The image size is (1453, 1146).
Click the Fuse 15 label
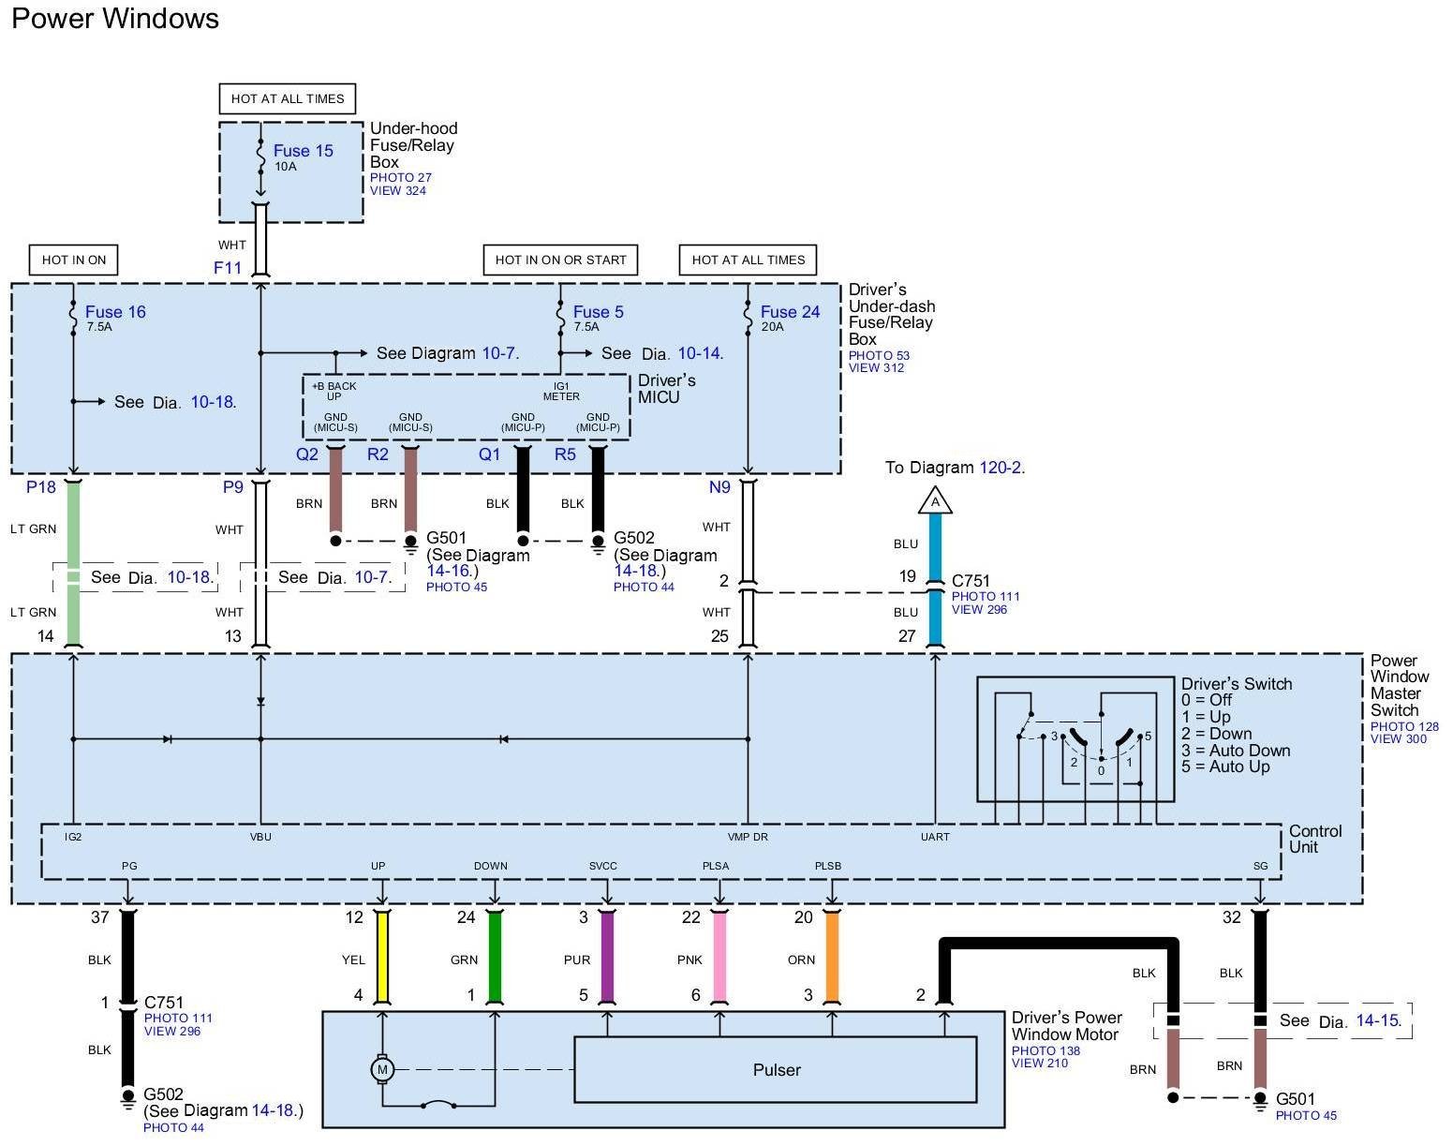coord(304,151)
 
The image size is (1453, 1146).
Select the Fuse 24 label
coord(790,312)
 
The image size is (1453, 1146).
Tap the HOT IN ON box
coord(74,260)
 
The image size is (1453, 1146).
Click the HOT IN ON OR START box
coord(560,260)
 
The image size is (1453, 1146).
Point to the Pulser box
coord(775,1070)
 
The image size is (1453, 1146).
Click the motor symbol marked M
coord(382,1070)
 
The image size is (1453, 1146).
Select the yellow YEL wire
coord(382,956)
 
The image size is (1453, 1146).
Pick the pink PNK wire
coord(719,956)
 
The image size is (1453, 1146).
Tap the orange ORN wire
coord(833,956)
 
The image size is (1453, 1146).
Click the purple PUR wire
coord(607,956)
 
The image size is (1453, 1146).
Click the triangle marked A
coord(935,500)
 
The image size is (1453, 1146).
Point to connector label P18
coord(40,487)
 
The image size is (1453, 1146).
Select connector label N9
coord(719,487)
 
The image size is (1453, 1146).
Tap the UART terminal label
coord(935,837)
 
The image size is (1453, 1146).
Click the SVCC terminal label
coord(603,866)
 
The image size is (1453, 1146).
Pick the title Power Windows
coord(115,18)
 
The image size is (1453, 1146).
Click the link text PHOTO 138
coord(1045,1050)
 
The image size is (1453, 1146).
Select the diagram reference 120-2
coord(1001,468)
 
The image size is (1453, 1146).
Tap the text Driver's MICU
coord(666,389)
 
